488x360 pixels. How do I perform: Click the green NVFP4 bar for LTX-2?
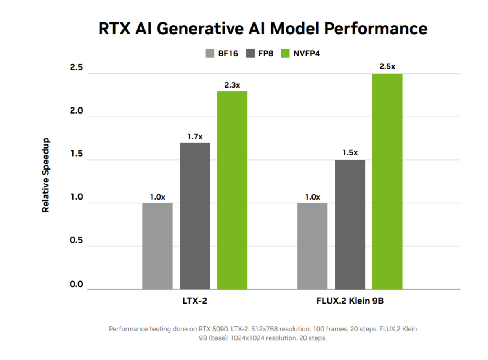pyautogui.click(x=232, y=190)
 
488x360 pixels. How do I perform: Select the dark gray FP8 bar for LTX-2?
pyautogui.click(x=195, y=216)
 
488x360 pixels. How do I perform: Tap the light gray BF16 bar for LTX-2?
pyautogui.click(x=157, y=246)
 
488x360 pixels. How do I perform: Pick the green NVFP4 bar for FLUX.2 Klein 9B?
pyautogui.click(x=387, y=181)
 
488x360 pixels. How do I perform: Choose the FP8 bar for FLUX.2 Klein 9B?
pyautogui.click(x=350, y=224)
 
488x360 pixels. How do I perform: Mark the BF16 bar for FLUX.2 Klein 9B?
pyautogui.click(x=312, y=246)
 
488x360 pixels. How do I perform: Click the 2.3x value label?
pyautogui.click(x=232, y=85)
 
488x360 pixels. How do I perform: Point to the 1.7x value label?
pyautogui.click(x=195, y=136)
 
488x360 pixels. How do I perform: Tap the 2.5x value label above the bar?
pyautogui.click(x=387, y=66)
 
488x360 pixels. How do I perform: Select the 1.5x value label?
pyautogui.click(x=350, y=153)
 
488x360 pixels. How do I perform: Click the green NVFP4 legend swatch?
pyautogui.click(x=286, y=53)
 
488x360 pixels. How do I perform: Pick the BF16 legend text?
pyautogui.click(x=228, y=54)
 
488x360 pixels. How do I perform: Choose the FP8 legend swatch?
pyautogui.click(x=252, y=53)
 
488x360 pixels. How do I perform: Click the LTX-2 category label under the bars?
pyautogui.click(x=195, y=301)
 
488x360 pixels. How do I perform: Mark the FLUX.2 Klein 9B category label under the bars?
pyautogui.click(x=350, y=301)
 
